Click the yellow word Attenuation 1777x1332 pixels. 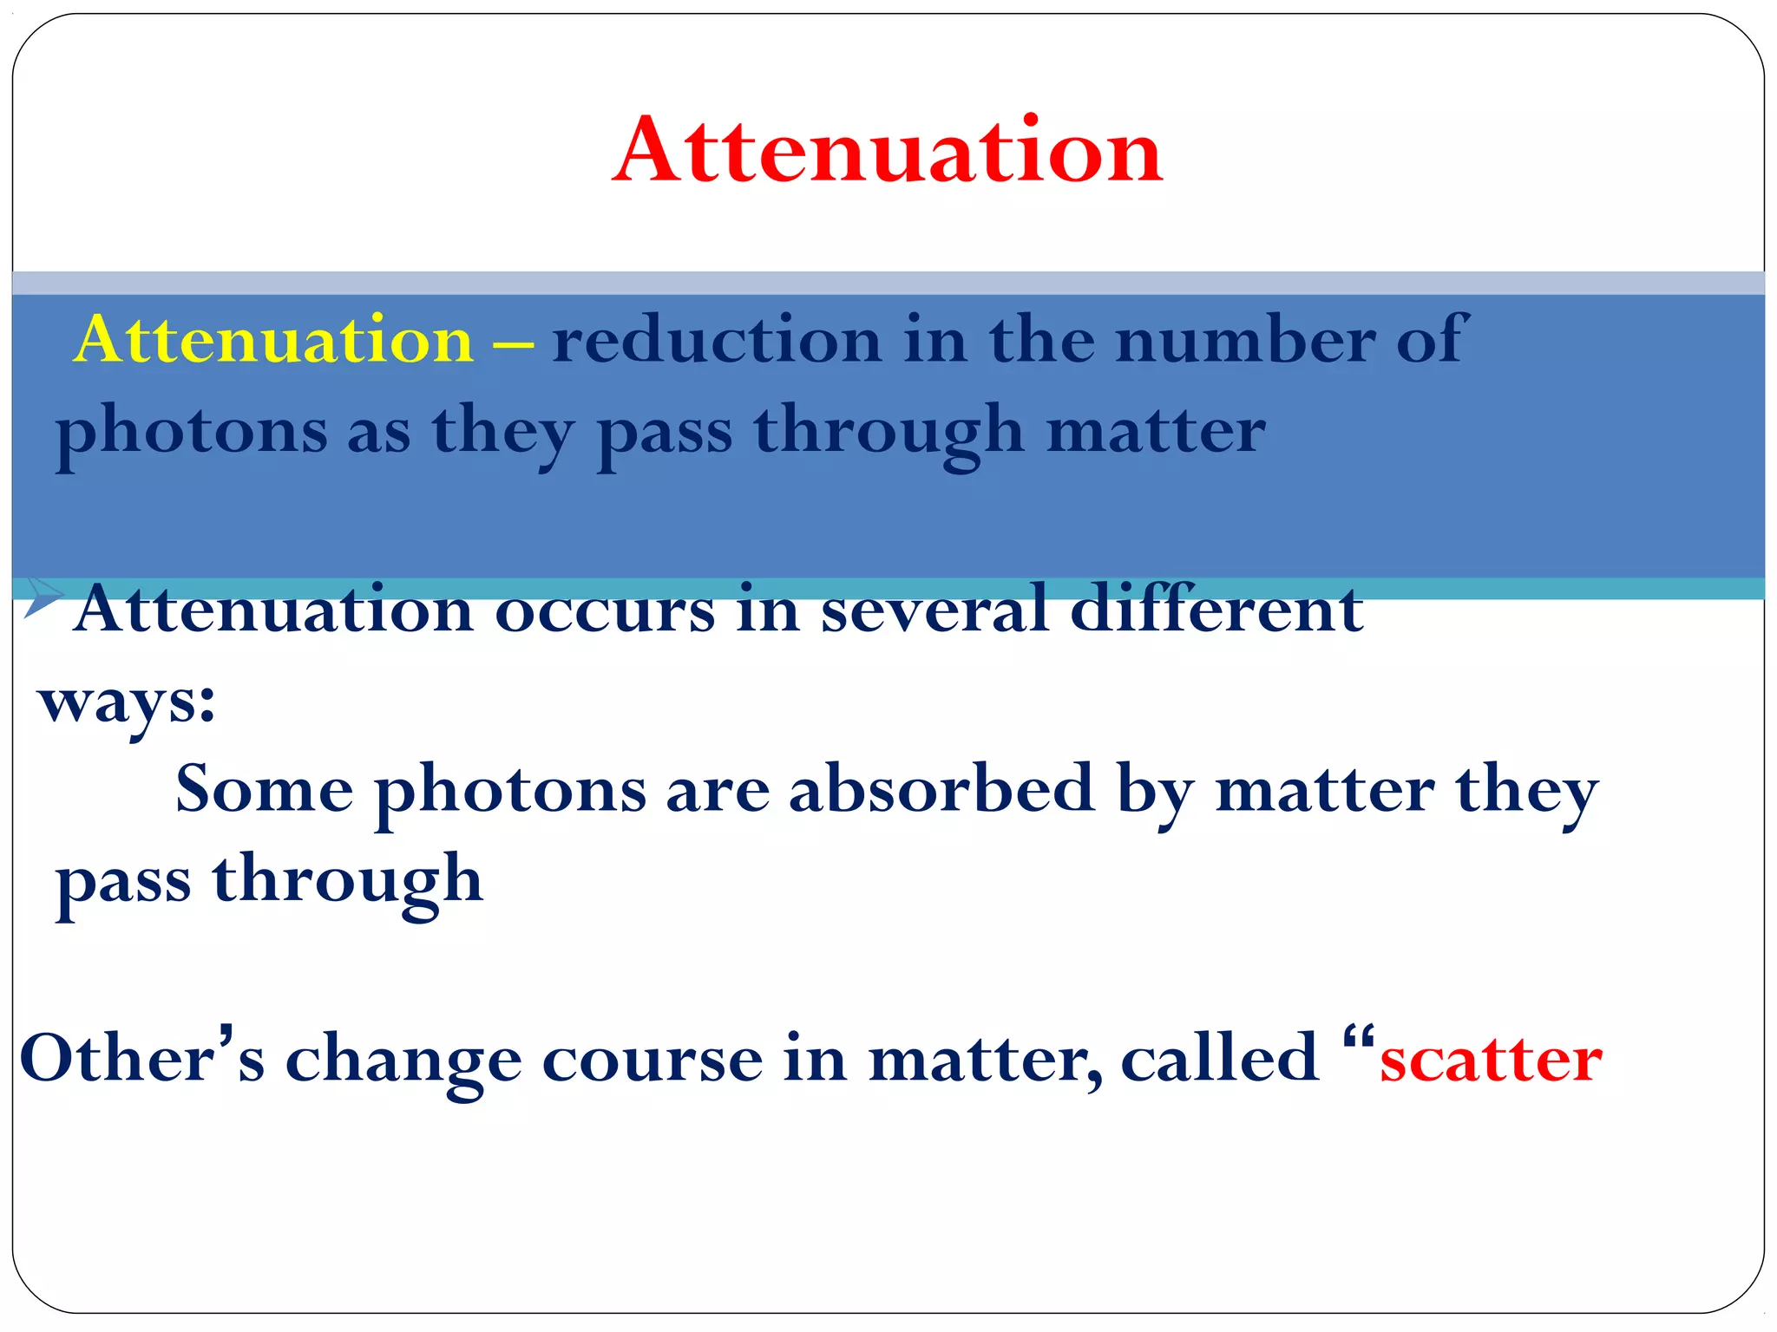pos(274,339)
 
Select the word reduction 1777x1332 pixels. pos(717,339)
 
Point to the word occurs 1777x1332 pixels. pos(605,610)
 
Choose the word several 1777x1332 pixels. pos(935,610)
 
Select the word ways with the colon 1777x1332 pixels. pos(127,702)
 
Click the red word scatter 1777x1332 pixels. pos(1490,1059)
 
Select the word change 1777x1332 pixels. pos(403,1061)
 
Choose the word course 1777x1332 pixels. pos(652,1059)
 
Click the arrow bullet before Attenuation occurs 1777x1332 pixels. pos(43,597)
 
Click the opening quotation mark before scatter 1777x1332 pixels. pos(1357,1037)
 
